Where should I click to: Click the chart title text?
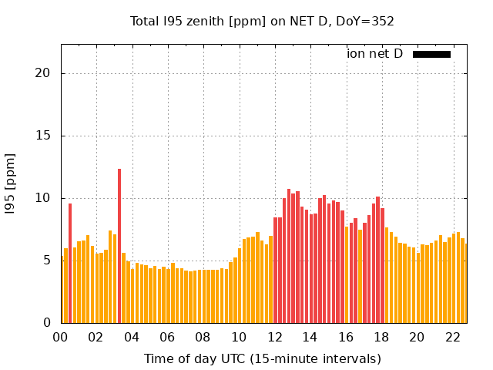tap(262, 22)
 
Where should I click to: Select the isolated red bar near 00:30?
tap(70, 262)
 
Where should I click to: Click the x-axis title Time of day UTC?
tap(262, 358)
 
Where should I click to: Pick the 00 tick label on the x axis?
tap(60, 337)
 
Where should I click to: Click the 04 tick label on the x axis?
tap(132, 337)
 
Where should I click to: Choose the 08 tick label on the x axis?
tap(203, 337)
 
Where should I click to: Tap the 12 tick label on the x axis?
tap(274, 337)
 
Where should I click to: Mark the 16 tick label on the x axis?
tap(345, 337)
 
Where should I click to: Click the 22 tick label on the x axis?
tap(452, 337)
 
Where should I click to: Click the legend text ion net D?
tap(374, 54)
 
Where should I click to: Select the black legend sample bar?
tap(431, 54)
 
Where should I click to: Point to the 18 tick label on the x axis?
tap(381, 337)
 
